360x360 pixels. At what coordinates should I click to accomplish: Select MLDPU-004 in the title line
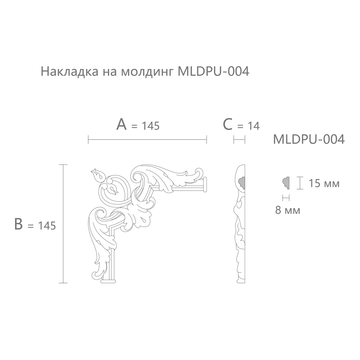(x=213, y=71)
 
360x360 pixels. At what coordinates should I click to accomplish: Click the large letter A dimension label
(x=121, y=124)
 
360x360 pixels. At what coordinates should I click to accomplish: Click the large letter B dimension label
(x=18, y=224)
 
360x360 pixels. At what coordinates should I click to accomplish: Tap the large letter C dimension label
(x=228, y=124)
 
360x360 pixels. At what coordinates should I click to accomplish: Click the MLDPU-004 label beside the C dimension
(x=309, y=139)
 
